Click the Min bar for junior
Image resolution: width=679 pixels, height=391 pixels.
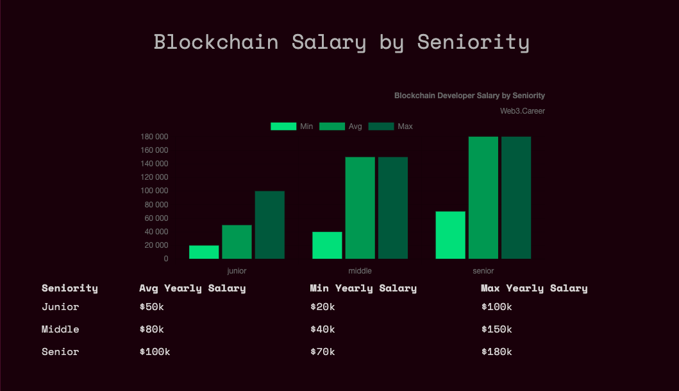[204, 252]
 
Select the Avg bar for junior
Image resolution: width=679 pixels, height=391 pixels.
[237, 242]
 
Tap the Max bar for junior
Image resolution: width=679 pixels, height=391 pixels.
[269, 225]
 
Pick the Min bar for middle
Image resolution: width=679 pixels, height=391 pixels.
[327, 245]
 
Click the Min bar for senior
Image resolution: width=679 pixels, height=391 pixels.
[450, 235]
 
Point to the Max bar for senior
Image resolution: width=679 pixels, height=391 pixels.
[516, 198]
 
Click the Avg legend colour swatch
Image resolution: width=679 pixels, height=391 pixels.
[332, 126]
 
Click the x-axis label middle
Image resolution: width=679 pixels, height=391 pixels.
[360, 271]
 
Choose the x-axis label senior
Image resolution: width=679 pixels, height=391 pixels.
[483, 271]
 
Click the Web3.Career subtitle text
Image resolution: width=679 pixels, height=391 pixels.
[523, 111]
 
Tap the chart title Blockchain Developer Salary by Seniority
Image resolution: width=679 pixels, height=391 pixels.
[469, 96]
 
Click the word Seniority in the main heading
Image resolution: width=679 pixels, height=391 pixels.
[473, 42]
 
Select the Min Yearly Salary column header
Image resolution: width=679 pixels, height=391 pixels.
[363, 288]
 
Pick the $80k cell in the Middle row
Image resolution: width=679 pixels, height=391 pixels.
[151, 329]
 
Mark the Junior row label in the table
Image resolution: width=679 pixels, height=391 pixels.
[60, 307]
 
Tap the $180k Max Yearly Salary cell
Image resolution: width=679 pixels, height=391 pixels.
[496, 352]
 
